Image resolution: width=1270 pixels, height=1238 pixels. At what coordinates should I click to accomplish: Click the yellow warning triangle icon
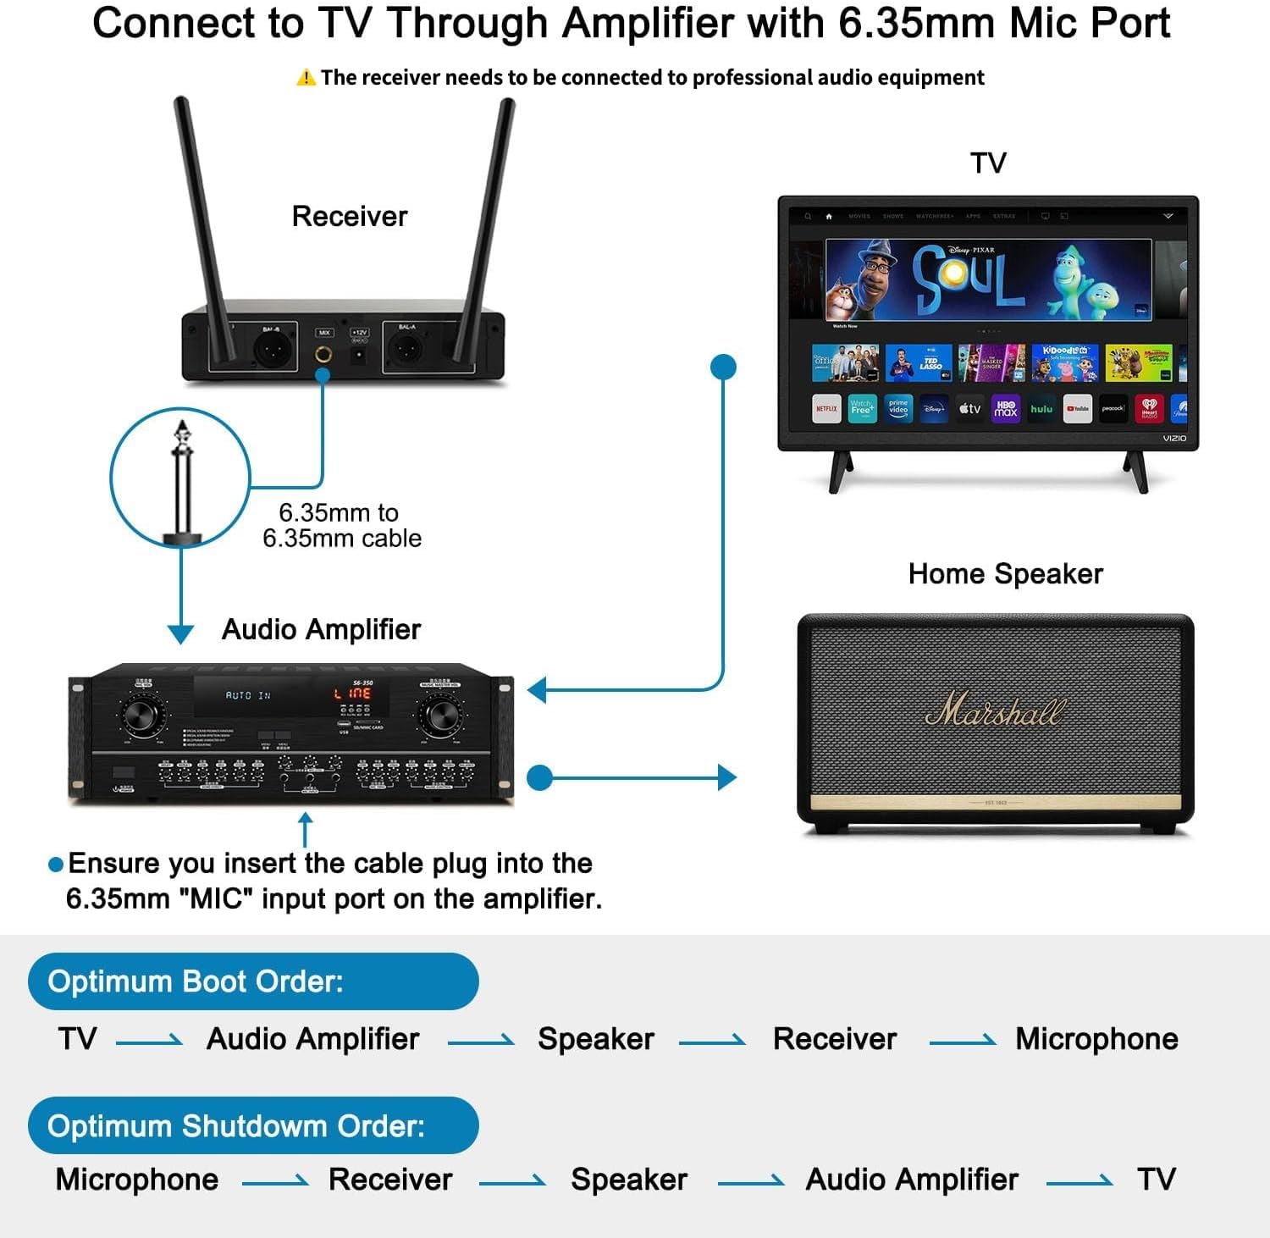coord(306,78)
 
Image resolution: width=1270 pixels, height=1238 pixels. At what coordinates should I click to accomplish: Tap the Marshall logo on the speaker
coord(995,710)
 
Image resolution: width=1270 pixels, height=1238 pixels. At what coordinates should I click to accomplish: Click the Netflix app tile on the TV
coord(826,408)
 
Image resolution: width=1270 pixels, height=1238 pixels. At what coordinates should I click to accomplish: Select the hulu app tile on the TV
coord(1041,408)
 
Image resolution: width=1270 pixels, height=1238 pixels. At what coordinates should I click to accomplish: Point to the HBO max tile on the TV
coord(1006,408)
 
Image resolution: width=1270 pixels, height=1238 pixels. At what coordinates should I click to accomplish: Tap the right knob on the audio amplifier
coord(440,716)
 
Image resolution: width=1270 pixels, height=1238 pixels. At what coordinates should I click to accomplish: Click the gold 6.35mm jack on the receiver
coord(323,355)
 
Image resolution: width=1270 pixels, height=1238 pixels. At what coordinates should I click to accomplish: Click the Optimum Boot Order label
coord(196,981)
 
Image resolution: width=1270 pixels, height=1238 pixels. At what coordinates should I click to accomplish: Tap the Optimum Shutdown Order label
coord(236,1126)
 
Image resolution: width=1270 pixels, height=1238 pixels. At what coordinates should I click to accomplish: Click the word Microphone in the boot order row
coord(1096,1039)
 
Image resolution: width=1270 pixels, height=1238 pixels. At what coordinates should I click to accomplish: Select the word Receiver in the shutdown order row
coord(390,1180)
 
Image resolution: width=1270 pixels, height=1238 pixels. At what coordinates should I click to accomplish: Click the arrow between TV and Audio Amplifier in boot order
coord(149,1042)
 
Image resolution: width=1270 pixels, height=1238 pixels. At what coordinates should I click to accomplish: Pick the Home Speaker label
coord(1005,574)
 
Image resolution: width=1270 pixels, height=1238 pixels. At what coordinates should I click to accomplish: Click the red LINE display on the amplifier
coord(353,694)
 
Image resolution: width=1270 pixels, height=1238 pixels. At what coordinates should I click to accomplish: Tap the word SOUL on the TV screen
coord(968,278)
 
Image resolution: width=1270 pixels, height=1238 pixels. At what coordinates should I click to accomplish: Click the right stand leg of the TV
coord(1136,471)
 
